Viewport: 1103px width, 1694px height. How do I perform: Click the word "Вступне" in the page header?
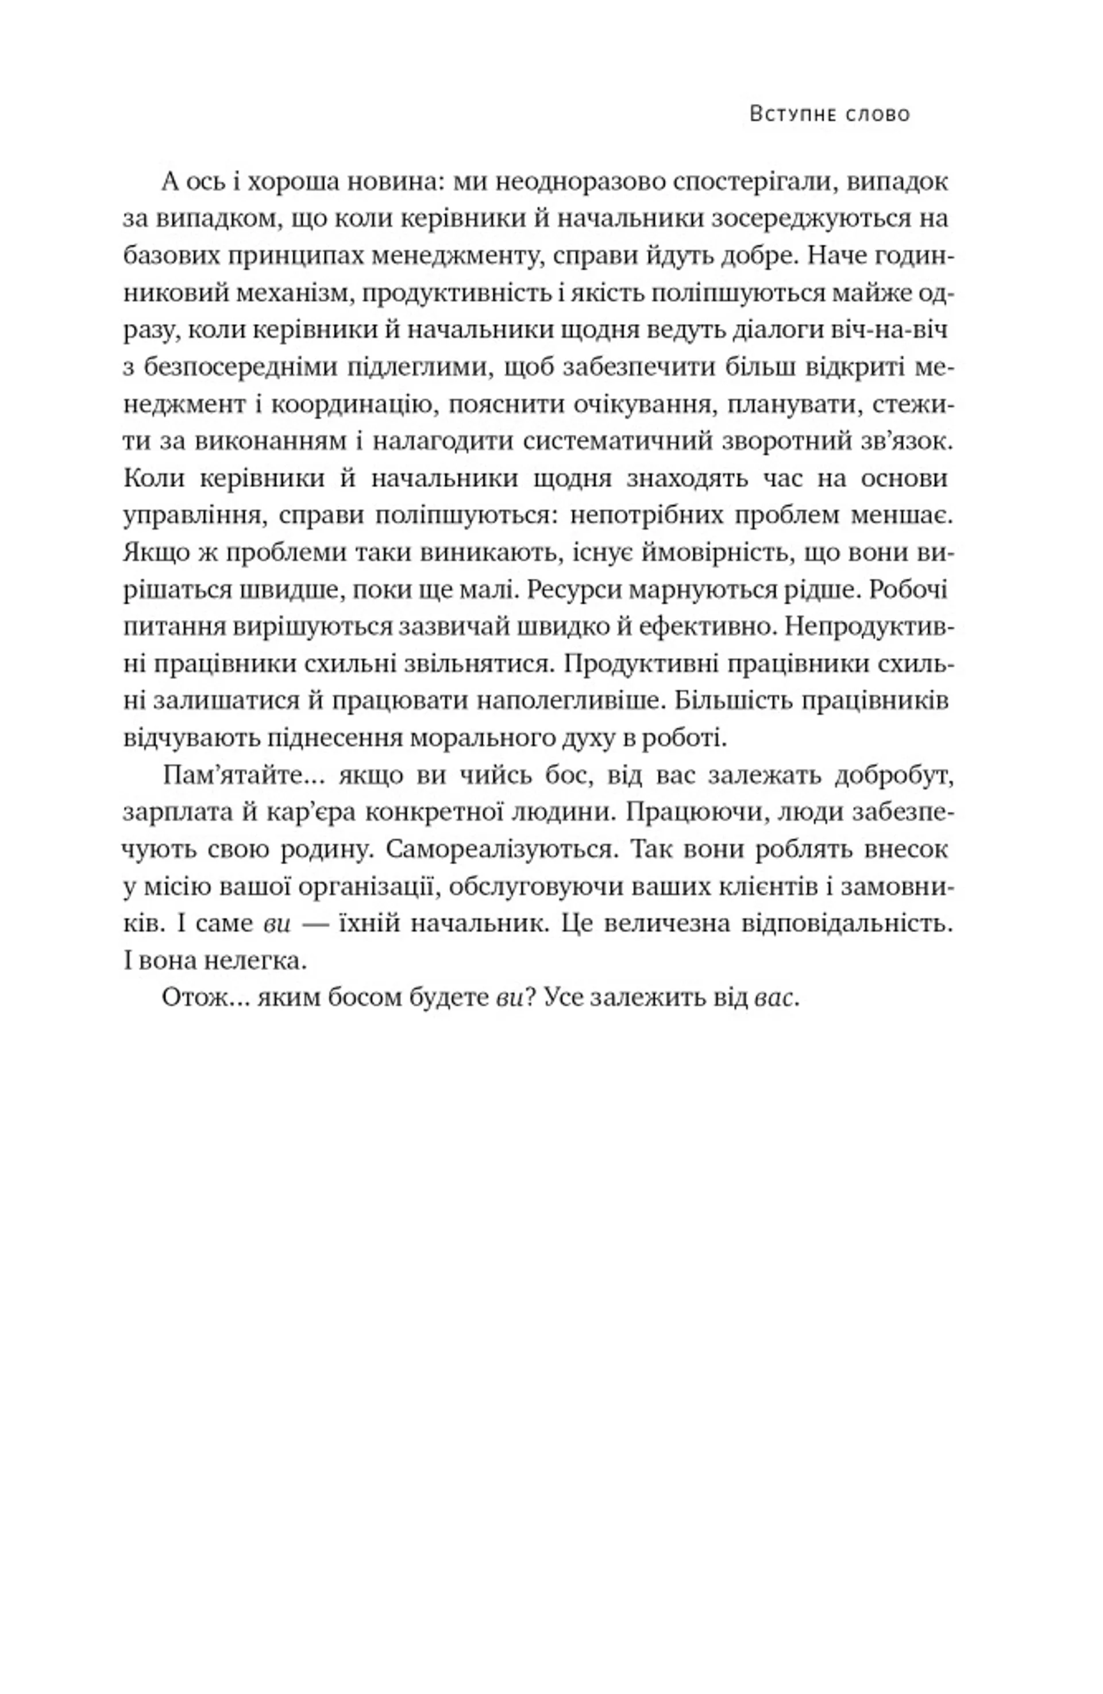click(790, 114)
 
